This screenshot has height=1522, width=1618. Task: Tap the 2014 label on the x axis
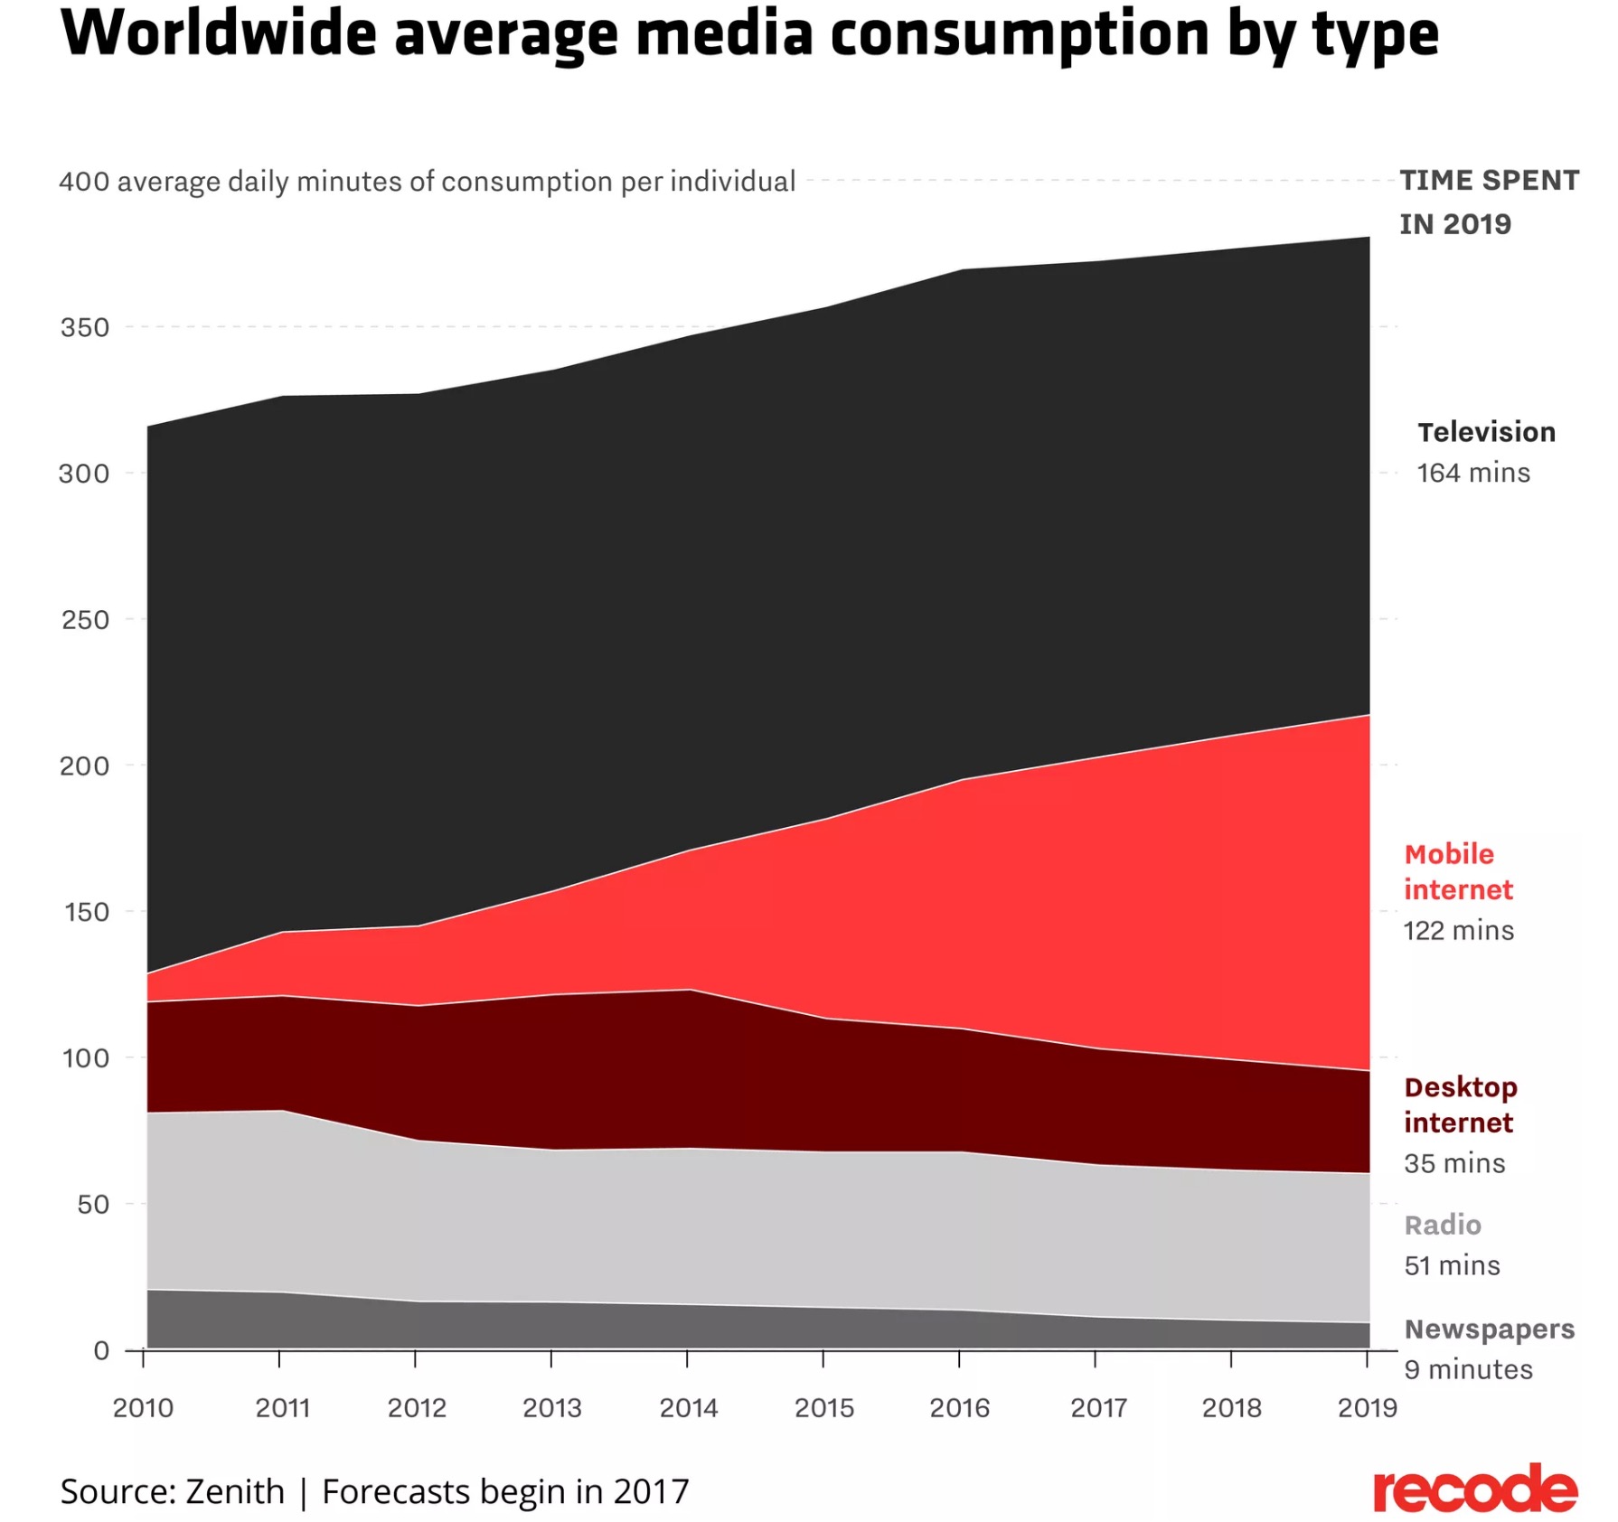[x=688, y=1407]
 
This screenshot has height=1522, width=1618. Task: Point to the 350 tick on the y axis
[x=85, y=327]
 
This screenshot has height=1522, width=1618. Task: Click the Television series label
[x=1486, y=432]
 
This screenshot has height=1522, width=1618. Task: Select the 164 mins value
[x=1472, y=473]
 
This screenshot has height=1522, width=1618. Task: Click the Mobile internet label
[x=1457, y=871]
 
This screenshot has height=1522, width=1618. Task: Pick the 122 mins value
[x=1458, y=930]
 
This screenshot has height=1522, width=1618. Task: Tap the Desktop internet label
[x=1460, y=1104]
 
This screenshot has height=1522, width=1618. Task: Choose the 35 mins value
[x=1454, y=1163]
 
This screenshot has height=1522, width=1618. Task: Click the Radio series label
[x=1443, y=1225]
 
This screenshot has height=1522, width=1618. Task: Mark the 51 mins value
[x=1452, y=1265]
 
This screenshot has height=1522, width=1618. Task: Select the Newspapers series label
[x=1489, y=1329]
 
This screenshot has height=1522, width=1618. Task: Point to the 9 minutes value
[x=1468, y=1369]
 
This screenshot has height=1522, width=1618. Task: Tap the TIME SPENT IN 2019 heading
[x=1489, y=202]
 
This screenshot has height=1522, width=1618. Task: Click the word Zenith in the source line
[x=235, y=1491]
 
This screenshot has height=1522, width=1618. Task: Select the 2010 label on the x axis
[x=143, y=1407]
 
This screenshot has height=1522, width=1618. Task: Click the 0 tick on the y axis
[x=101, y=1350]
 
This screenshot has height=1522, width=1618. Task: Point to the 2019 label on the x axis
[x=1367, y=1407]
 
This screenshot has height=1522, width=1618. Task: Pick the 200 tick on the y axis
[x=84, y=766]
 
